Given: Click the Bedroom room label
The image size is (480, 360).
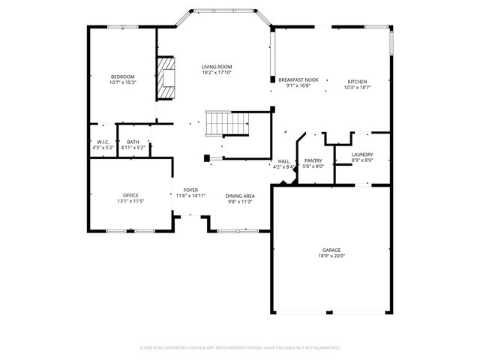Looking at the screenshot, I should (122, 76).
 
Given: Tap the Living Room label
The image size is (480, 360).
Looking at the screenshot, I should (216, 67).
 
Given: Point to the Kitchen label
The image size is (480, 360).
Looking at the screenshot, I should (357, 81).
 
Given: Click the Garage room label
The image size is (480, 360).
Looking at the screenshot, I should (332, 250).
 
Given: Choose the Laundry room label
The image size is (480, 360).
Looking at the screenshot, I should (362, 154).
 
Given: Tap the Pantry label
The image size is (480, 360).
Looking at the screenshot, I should (313, 160).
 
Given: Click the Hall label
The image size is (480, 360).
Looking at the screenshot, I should (283, 160).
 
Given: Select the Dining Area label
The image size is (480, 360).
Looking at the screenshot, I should (241, 196).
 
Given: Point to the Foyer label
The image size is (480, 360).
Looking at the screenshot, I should (190, 190).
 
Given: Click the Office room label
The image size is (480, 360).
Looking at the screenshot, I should (130, 196).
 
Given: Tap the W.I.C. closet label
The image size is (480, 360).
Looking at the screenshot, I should (103, 142).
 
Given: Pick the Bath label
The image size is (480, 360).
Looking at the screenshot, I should (132, 142).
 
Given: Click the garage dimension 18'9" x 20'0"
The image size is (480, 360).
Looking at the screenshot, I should (332, 256).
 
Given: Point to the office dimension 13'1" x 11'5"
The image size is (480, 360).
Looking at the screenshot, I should (130, 202).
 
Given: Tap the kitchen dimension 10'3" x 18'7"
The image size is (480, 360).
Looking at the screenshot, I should (357, 87).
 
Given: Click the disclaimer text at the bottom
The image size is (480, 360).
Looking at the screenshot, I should (240, 348).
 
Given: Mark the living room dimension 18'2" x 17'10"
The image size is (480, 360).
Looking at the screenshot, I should (216, 73).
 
